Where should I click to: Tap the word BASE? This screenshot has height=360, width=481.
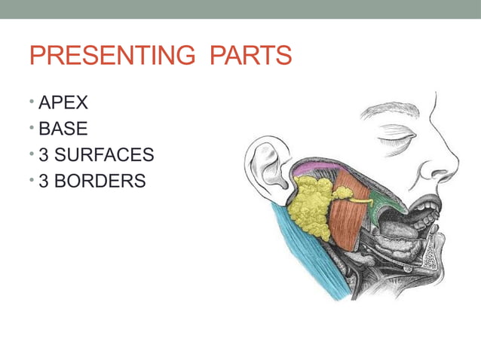pos(63,129)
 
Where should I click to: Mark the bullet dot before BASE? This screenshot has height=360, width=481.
pos(32,129)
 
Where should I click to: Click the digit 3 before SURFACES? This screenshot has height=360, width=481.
pos(44,156)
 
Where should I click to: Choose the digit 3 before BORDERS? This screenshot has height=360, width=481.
pos(44,182)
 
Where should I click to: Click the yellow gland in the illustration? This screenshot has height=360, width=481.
pos(309,208)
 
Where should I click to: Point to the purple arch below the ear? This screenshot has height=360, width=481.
pos(313,167)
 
